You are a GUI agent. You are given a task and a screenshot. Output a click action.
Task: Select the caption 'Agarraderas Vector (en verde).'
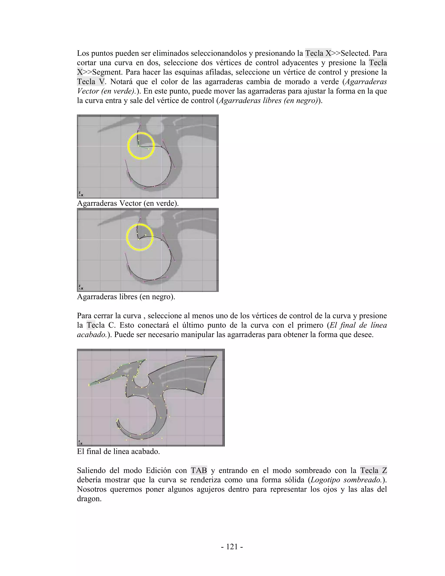pos(128,203)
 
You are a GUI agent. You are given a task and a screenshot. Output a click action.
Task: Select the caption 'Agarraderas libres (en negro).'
pos(126,297)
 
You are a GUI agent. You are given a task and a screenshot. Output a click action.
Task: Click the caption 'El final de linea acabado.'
pos(118,451)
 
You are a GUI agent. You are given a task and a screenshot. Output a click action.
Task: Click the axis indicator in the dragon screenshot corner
pos(80,442)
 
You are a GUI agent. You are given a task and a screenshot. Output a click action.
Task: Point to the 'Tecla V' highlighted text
pos(90,82)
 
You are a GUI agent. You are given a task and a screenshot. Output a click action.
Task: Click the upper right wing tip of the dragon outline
pos(217,356)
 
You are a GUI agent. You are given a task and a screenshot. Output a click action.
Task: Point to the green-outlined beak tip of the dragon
pos(89,385)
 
